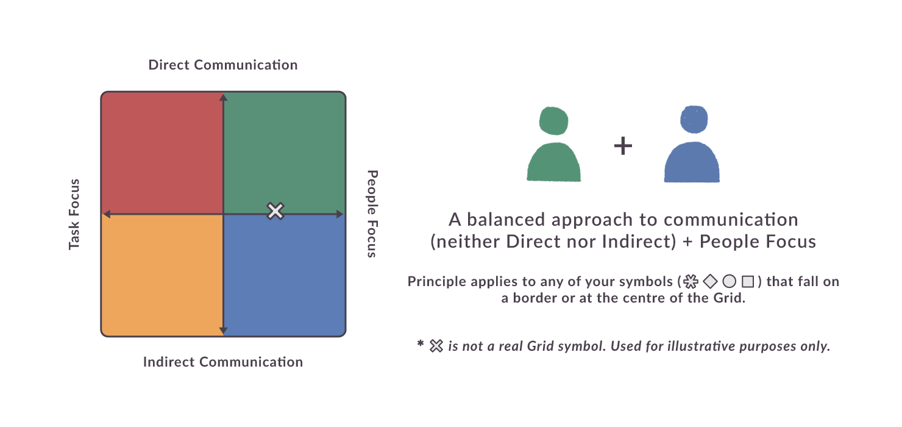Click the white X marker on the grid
click(275, 211)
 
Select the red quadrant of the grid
click(162, 153)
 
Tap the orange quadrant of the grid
click(162, 275)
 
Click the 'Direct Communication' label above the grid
click(223, 65)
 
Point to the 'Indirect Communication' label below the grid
click(223, 362)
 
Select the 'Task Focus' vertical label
click(74, 214)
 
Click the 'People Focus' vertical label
click(372, 213)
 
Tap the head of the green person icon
click(553, 121)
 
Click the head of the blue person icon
click(694, 120)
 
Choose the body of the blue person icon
click(692, 162)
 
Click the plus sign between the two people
click(623, 146)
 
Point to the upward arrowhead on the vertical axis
click(223, 97)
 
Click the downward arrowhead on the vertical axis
click(223, 331)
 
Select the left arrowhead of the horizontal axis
click(107, 214)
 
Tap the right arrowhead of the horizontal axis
click(340, 214)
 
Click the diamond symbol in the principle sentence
click(710, 281)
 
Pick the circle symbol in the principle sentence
click(730, 281)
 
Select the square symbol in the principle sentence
click(748, 281)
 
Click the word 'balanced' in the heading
click(505, 220)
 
